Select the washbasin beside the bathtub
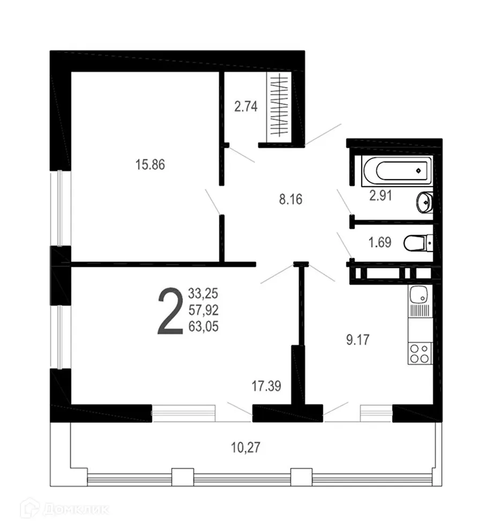(x=424, y=202)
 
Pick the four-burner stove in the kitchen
(x=419, y=354)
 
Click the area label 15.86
(x=150, y=165)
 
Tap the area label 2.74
(x=246, y=106)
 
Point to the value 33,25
(x=204, y=293)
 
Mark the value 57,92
(x=204, y=310)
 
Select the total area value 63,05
(x=204, y=326)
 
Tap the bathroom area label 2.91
(x=381, y=196)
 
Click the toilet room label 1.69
(x=379, y=242)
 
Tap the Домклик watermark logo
(x=64, y=508)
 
